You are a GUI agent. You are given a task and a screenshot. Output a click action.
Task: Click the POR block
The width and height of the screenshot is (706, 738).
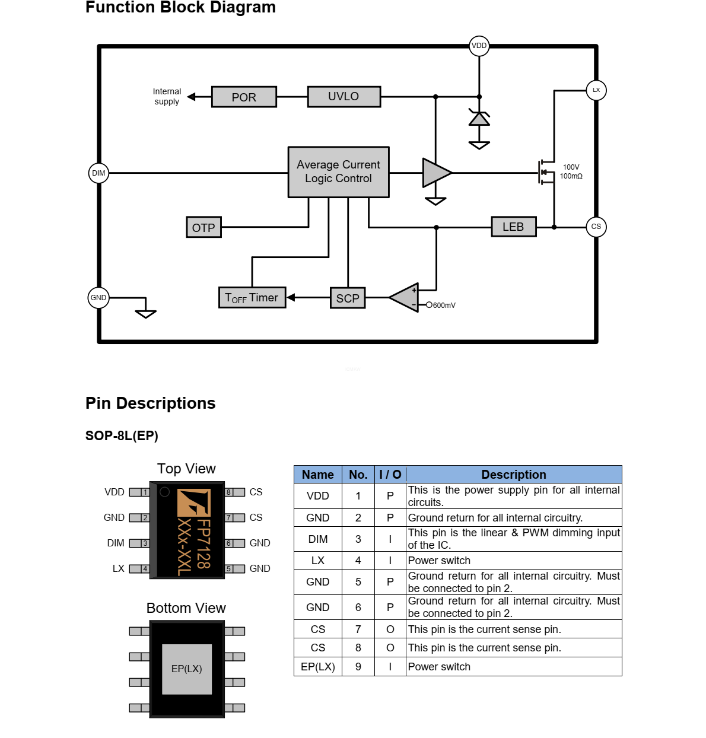[x=244, y=97]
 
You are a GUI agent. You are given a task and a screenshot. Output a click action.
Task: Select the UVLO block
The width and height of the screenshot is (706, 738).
[x=344, y=97]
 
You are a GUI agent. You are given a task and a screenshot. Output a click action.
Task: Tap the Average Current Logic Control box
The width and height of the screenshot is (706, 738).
[x=338, y=172]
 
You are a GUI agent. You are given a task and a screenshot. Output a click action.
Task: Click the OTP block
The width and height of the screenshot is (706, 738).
[x=203, y=228]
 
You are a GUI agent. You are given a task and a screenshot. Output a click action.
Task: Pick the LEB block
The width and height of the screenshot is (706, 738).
[x=513, y=227]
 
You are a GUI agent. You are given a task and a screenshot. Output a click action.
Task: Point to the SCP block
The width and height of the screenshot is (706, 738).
[x=348, y=298]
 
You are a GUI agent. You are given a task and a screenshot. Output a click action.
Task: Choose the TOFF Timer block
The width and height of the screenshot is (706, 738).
[x=252, y=298]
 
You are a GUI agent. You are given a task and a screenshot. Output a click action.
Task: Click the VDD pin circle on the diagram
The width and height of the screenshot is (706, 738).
[x=479, y=46]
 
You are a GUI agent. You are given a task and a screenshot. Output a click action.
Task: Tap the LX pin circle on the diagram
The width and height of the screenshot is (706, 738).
[x=596, y=90]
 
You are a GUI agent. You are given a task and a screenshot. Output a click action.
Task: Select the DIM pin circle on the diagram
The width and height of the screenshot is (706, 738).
[x=98, y=173]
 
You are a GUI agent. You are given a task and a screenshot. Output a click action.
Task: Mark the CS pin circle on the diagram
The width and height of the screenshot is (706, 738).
[x=596, y=227]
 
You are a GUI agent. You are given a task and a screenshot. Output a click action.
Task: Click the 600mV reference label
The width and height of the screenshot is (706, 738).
[x=444, y=306]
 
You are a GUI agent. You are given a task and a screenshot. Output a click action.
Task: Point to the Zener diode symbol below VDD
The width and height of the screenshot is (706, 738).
[x=479, y=118]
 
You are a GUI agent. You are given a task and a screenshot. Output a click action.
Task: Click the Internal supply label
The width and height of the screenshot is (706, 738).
[x=167, y=97]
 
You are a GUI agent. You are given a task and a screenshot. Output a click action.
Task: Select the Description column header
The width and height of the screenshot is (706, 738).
[x=514, y=475]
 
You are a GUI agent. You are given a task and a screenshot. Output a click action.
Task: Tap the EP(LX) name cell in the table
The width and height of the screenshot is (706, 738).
[x=318, y=667]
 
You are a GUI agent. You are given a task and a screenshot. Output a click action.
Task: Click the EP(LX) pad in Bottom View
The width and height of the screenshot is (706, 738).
[x=187, y=669]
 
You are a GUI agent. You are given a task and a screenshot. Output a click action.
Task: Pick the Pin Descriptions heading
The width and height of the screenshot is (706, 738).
[x=151, y=403]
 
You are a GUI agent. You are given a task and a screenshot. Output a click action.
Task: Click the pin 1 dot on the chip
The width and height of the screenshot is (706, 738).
[x=165, y=492]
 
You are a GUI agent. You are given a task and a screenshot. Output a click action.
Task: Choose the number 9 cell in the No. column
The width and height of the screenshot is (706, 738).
[x=358, y=667]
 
